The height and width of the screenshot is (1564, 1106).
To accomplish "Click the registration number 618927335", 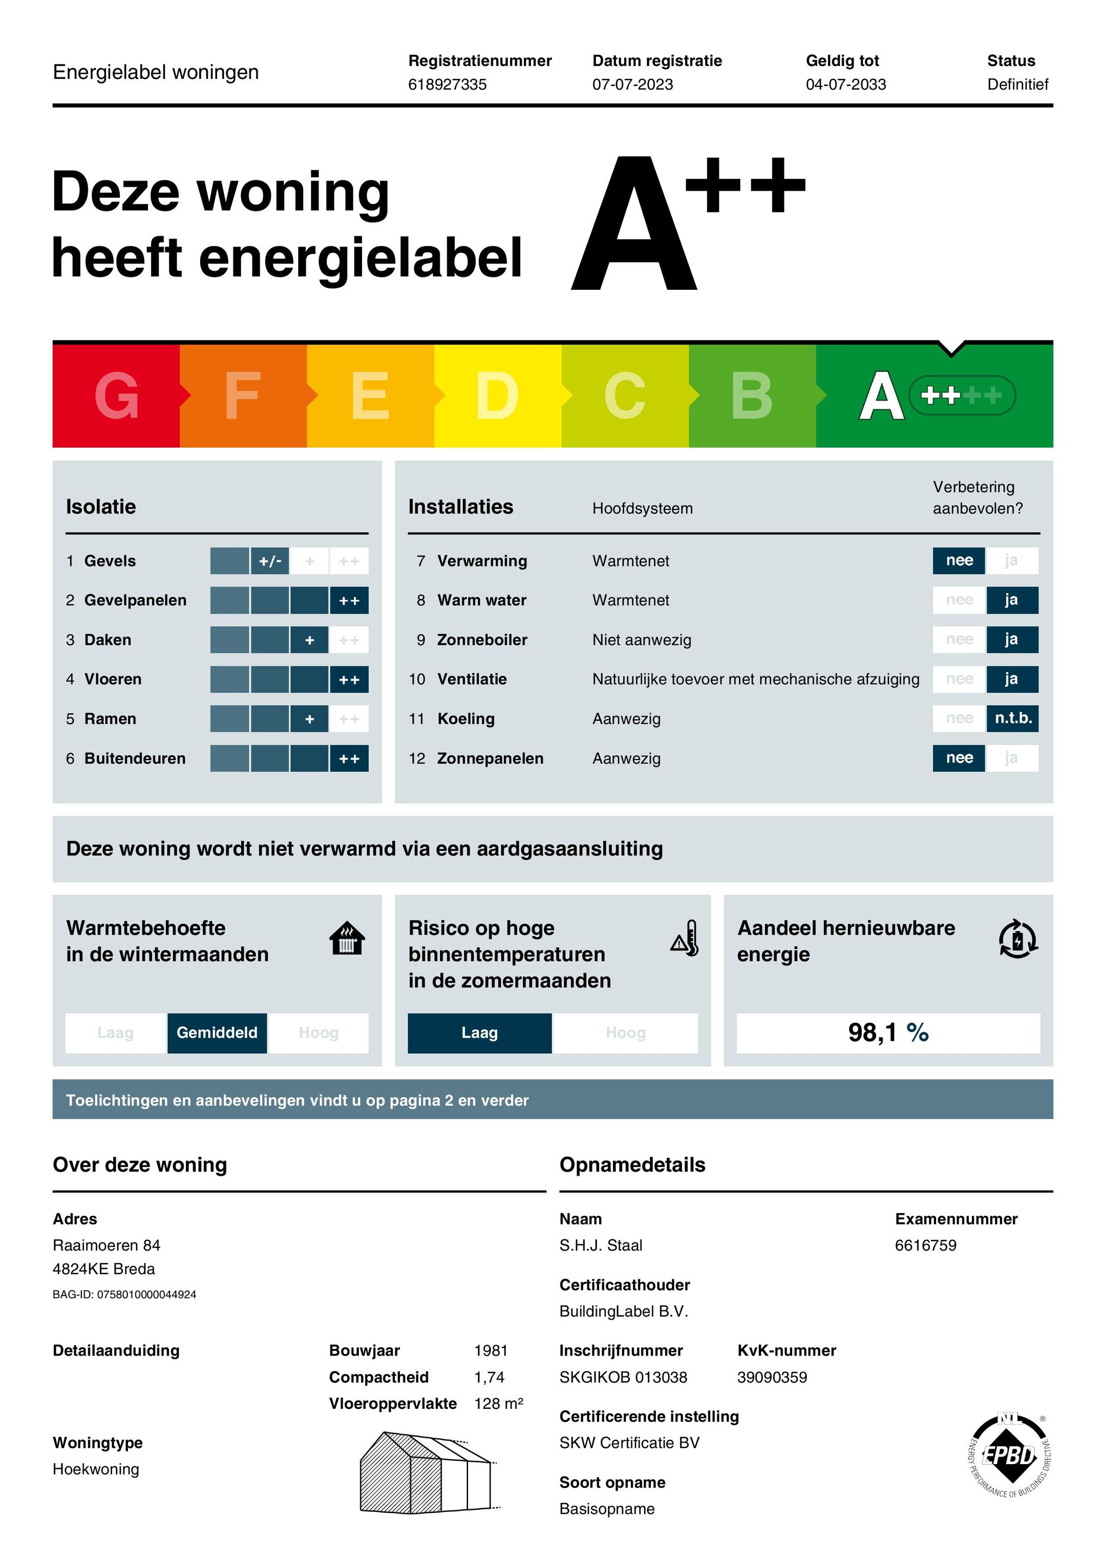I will (x=448, y=84).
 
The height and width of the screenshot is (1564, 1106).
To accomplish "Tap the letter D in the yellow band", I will (x=497, y=396).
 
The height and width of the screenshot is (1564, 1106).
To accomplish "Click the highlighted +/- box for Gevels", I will (x=270, y=561).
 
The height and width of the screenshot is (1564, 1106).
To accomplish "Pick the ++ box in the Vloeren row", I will (x=349, y=679).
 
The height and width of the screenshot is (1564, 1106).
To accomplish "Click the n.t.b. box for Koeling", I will (x=1013, y=718).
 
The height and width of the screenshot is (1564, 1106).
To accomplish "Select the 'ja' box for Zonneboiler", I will (x=1011, y=640).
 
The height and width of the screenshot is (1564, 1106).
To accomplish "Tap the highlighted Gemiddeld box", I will (x=217, y=1032).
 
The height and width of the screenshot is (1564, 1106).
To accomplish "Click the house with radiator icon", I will (x=347, y=939).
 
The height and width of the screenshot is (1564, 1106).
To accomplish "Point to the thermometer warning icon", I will (x=685, y=939).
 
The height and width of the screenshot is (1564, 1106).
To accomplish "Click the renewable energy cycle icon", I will (x=1017, y=939).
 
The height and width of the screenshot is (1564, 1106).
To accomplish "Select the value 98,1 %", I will (x=887, y=1032).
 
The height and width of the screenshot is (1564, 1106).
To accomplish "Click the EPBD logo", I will (x=1009, y=1456).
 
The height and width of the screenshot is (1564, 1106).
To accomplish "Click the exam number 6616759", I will (x=925, y=1245).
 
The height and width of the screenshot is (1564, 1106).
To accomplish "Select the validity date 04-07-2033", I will (x=845, y=84).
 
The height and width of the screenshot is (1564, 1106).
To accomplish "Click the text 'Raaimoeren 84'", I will (x=106, y=1245).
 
